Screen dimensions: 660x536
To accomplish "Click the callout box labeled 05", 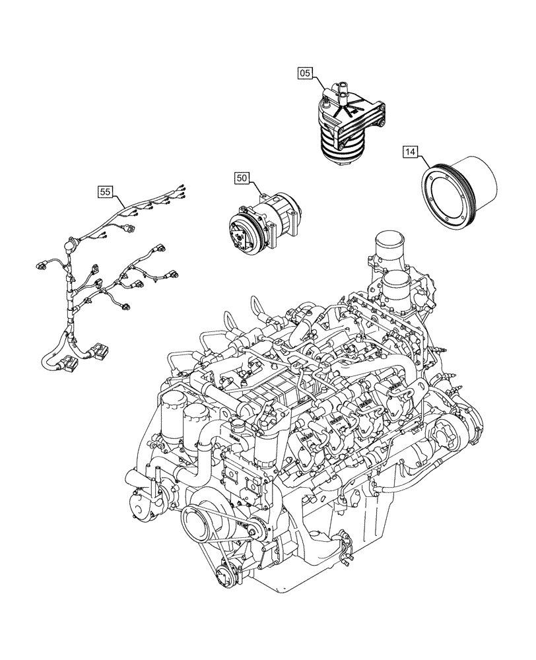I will [x=304, y=74].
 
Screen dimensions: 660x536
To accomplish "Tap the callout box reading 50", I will [x=242, y=178].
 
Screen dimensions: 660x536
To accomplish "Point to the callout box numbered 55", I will [x=105, y=192].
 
